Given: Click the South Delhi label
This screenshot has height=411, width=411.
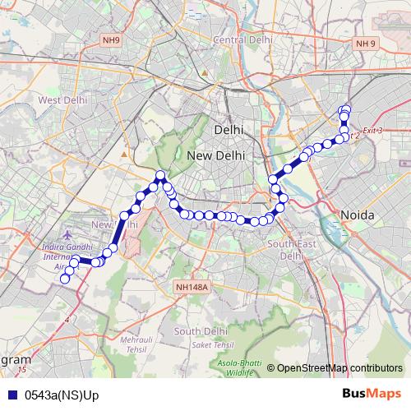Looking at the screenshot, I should (200, 331).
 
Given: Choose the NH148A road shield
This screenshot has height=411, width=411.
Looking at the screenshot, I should (192, 287).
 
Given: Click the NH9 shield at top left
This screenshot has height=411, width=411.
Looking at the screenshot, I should (111, 39).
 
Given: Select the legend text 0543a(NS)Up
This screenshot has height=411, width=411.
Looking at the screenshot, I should (62, 395).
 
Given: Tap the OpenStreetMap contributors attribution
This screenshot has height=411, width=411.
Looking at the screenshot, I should (339, 368).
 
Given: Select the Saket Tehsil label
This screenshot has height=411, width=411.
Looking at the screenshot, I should (210, 345).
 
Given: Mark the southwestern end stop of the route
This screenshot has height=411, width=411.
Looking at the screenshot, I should (65, 279).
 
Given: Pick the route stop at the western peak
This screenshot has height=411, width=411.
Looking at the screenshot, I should (160, 174).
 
